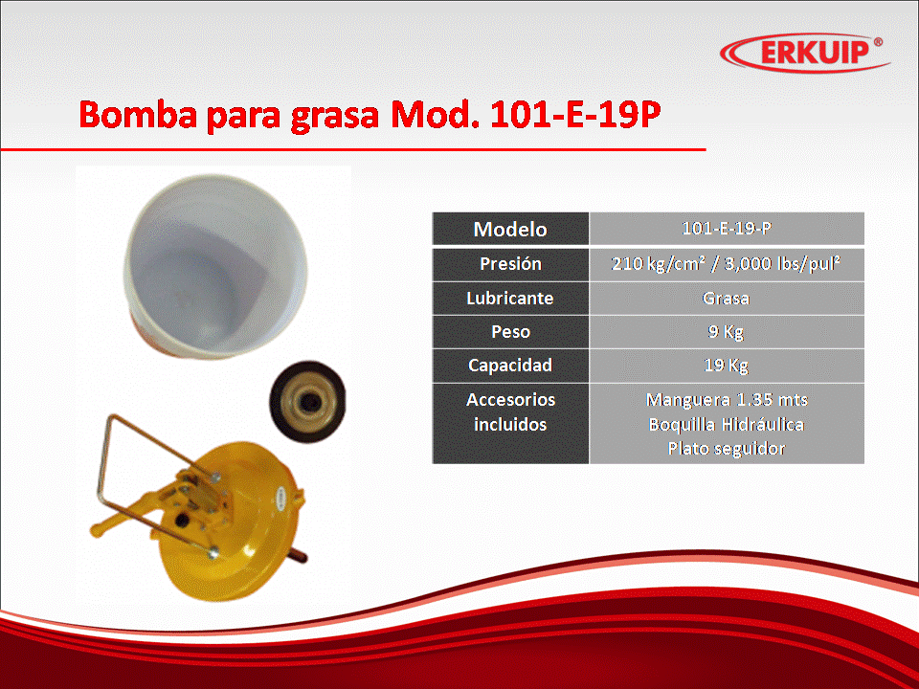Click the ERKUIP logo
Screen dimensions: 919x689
click(805, 52)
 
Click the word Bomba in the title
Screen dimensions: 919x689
click(138, 114)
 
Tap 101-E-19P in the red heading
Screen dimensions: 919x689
click(575, 114)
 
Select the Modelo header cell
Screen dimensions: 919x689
click(510, 229)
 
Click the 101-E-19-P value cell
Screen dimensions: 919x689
click(727, 229)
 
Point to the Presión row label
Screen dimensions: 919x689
click(510, 264)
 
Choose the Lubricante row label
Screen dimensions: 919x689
click(510, 299)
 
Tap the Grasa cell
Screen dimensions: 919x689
click(727, 299)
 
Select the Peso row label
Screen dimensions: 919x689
click(510, 332)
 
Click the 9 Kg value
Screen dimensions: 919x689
click(727, 332)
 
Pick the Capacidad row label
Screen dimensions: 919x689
click(510, 366)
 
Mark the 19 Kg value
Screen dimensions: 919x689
click(727, 366)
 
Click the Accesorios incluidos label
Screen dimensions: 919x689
click(510, 411)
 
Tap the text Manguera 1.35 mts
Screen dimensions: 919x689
click(727, 400)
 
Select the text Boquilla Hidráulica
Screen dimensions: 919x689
click(727, 424)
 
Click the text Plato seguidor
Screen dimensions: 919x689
click(727, 449)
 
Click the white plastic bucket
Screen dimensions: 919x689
click(215, 267)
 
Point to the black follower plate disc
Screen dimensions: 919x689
click(307, 401)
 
